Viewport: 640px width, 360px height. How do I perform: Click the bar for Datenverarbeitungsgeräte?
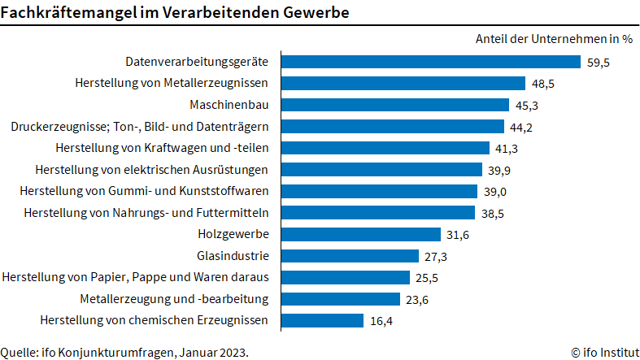[430, 62]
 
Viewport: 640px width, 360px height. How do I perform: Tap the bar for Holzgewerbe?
[361, 234]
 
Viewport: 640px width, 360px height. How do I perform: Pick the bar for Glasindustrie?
[350, 255]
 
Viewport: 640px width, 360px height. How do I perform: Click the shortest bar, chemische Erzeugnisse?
[322, 320]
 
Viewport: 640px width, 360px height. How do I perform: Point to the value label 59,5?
[599, 62]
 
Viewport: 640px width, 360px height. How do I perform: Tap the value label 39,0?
[496, 191]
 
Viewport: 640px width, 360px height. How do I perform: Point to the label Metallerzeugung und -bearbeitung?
[174, 298]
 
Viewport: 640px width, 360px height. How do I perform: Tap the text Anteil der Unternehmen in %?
[554, 38]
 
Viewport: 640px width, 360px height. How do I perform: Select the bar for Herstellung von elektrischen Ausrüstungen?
[381, 169]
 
